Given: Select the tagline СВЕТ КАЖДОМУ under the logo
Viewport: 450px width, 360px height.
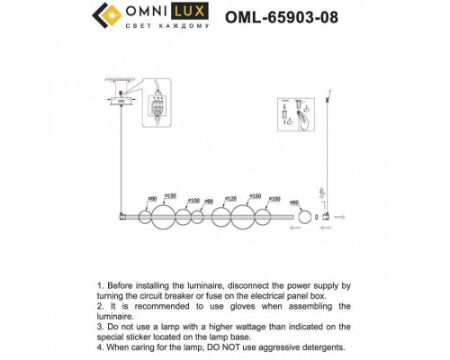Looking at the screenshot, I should tap(169, 28).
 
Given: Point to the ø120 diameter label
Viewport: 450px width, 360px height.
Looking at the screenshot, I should tap(230, 197).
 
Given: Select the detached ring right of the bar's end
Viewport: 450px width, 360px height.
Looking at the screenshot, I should tap(304, 218).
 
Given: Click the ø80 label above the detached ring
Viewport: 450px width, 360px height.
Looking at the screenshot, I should tap(294, 203).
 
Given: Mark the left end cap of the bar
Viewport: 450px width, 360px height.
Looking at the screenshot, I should tap(121, 217).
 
